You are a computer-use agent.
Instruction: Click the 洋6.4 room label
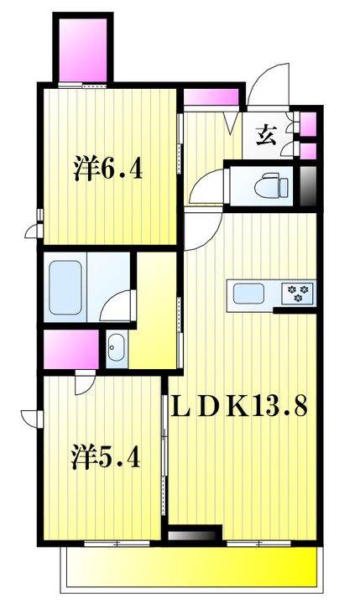pos(108,169)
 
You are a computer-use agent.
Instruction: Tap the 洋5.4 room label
pos(106,456)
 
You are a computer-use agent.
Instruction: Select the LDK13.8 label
pos(239,407)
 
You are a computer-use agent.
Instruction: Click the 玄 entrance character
pos(267,135)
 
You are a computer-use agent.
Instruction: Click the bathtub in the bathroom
pos(65,288)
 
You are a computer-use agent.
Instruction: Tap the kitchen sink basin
pos(248,294)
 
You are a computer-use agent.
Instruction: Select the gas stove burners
pos(299,293)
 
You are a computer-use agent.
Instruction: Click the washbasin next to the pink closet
pos(116,347)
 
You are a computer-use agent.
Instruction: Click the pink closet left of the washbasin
pos(71,349)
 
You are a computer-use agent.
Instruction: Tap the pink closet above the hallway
pos(211,96)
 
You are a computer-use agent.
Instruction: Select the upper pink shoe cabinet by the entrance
pos(308,124)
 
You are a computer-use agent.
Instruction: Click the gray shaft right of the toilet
pos(308,186)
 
